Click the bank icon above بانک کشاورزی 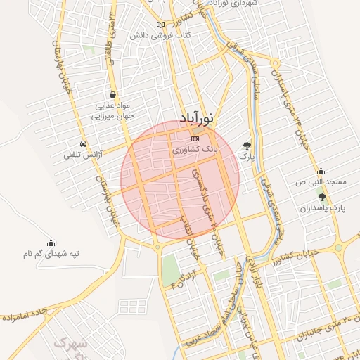(x=195, y=139)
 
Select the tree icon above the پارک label (x=247, y=145)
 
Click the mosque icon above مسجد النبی (x=321, y=171)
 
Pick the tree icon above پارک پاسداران (x=323, y=198)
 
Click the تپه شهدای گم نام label (x=50, y=253)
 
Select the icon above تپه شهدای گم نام (x=50, y=242)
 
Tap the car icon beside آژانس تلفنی (x=84, y=143)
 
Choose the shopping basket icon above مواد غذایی (x=113, y=94)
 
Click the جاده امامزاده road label (x=28, y=319)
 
